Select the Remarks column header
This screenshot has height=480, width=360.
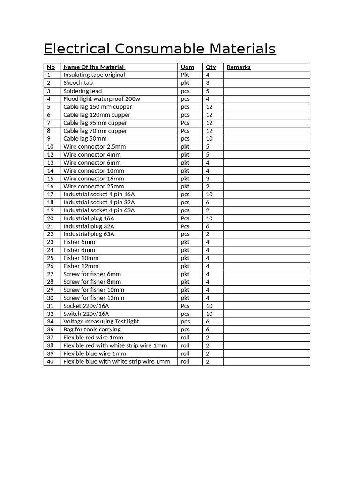coord(239,67)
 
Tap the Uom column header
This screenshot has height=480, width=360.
coord(187,67)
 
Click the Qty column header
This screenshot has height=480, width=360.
coord(210,67)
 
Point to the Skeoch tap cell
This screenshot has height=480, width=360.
coord(78,83)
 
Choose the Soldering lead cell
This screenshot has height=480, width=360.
coord(82,91)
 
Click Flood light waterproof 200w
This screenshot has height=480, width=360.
coord(102,99)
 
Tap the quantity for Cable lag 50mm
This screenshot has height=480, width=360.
coord(209,139)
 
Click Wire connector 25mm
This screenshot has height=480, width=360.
coord(94,187)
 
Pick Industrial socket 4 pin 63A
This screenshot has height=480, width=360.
coord(99,210)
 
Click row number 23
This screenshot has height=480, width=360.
coord(50,242)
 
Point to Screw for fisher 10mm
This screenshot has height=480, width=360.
coord(94,290)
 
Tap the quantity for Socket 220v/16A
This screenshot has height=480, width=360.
coord(209,306)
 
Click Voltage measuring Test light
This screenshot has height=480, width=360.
coord(101,322)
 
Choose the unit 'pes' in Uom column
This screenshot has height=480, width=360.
coord(186,322)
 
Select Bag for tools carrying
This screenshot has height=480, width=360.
coord(92,330)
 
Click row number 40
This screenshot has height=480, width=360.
coord(50,362)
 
